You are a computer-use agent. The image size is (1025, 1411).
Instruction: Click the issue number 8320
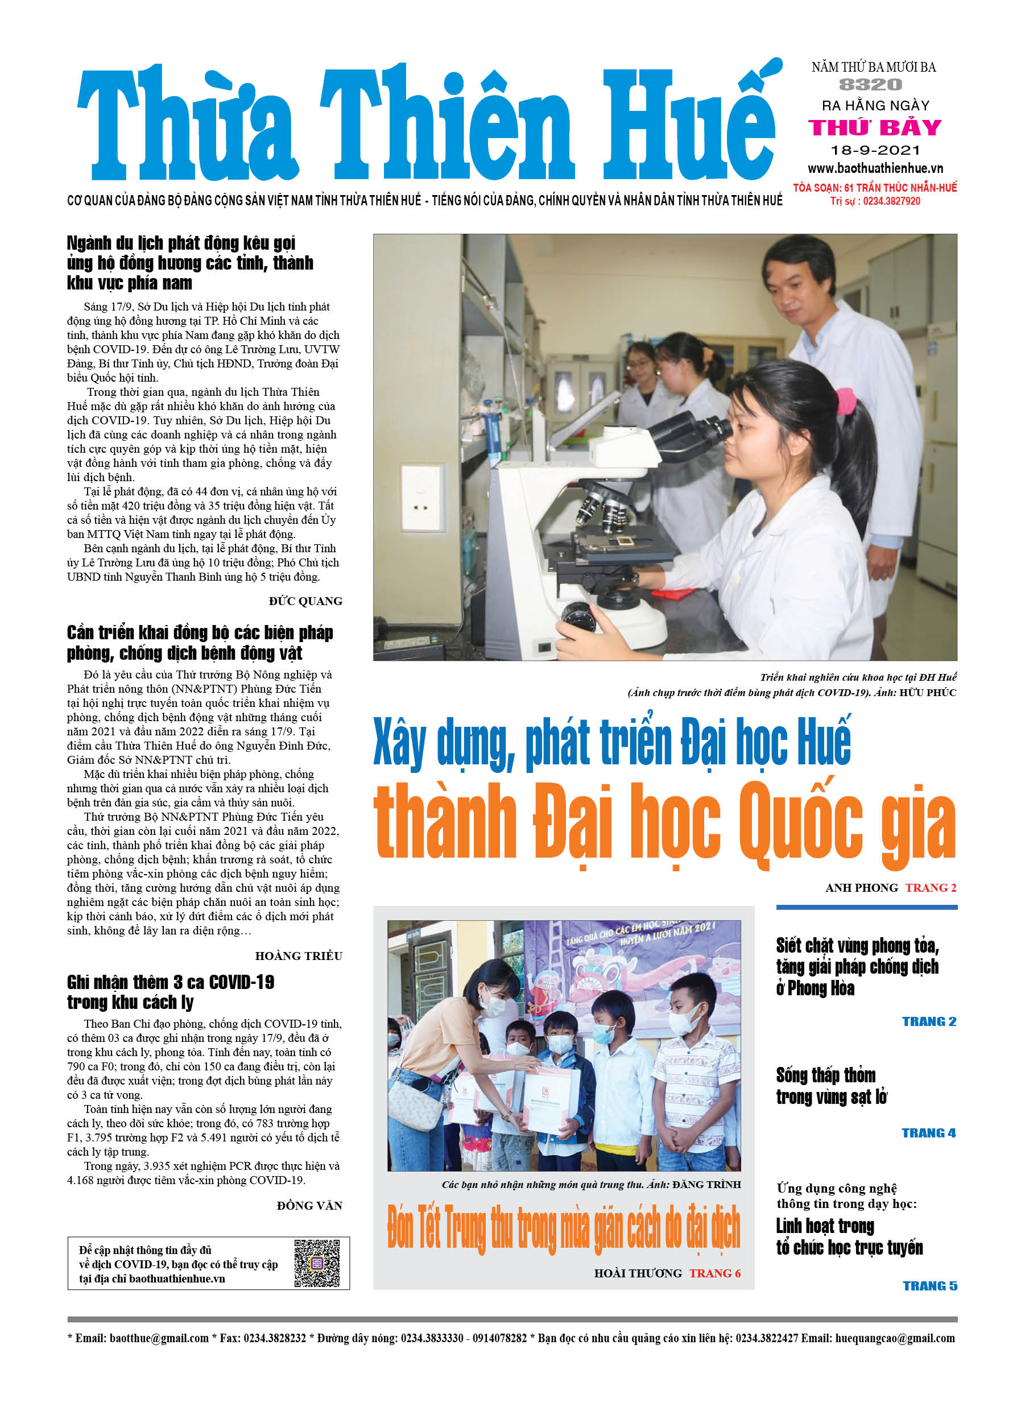tap(870, 85)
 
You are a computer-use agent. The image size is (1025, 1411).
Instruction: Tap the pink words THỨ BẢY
tap(874, 127)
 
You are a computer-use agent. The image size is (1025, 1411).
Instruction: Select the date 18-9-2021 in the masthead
tap(875, 150)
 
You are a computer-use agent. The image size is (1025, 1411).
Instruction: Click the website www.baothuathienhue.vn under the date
tap(875, 168)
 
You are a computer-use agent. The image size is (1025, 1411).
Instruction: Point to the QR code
tap(317, 1263)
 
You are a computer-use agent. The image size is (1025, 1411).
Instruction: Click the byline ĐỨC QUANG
tap(305, 601)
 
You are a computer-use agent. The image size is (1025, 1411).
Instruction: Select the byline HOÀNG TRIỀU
tap(298, 955)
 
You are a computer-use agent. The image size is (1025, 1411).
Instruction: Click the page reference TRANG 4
tap(928, 1133)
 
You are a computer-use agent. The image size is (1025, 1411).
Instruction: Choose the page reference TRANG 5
tap(930, 1286)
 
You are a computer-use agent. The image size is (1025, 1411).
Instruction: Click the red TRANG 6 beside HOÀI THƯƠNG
tap(714, 1273)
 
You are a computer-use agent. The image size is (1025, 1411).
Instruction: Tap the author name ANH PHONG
tap(861, 888)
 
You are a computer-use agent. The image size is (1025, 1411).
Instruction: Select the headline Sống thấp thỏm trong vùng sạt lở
tap(831, 1086)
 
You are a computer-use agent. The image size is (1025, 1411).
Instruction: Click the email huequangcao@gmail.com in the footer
tap(894, 1338)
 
